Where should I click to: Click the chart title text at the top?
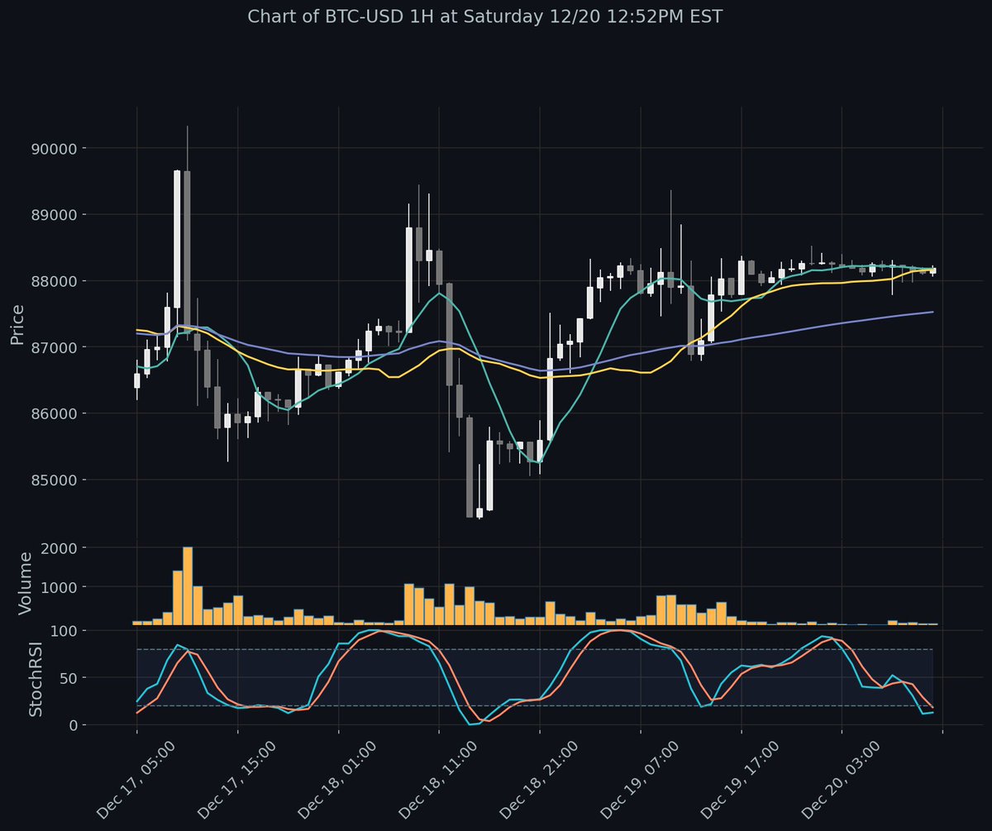pos(496,17)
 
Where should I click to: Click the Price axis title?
pos(17,324)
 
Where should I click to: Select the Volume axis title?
pos(26,583)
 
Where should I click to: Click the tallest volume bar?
pos(188,585)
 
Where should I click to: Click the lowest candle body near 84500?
pos(479,513)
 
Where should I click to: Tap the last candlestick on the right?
pos(932,270)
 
